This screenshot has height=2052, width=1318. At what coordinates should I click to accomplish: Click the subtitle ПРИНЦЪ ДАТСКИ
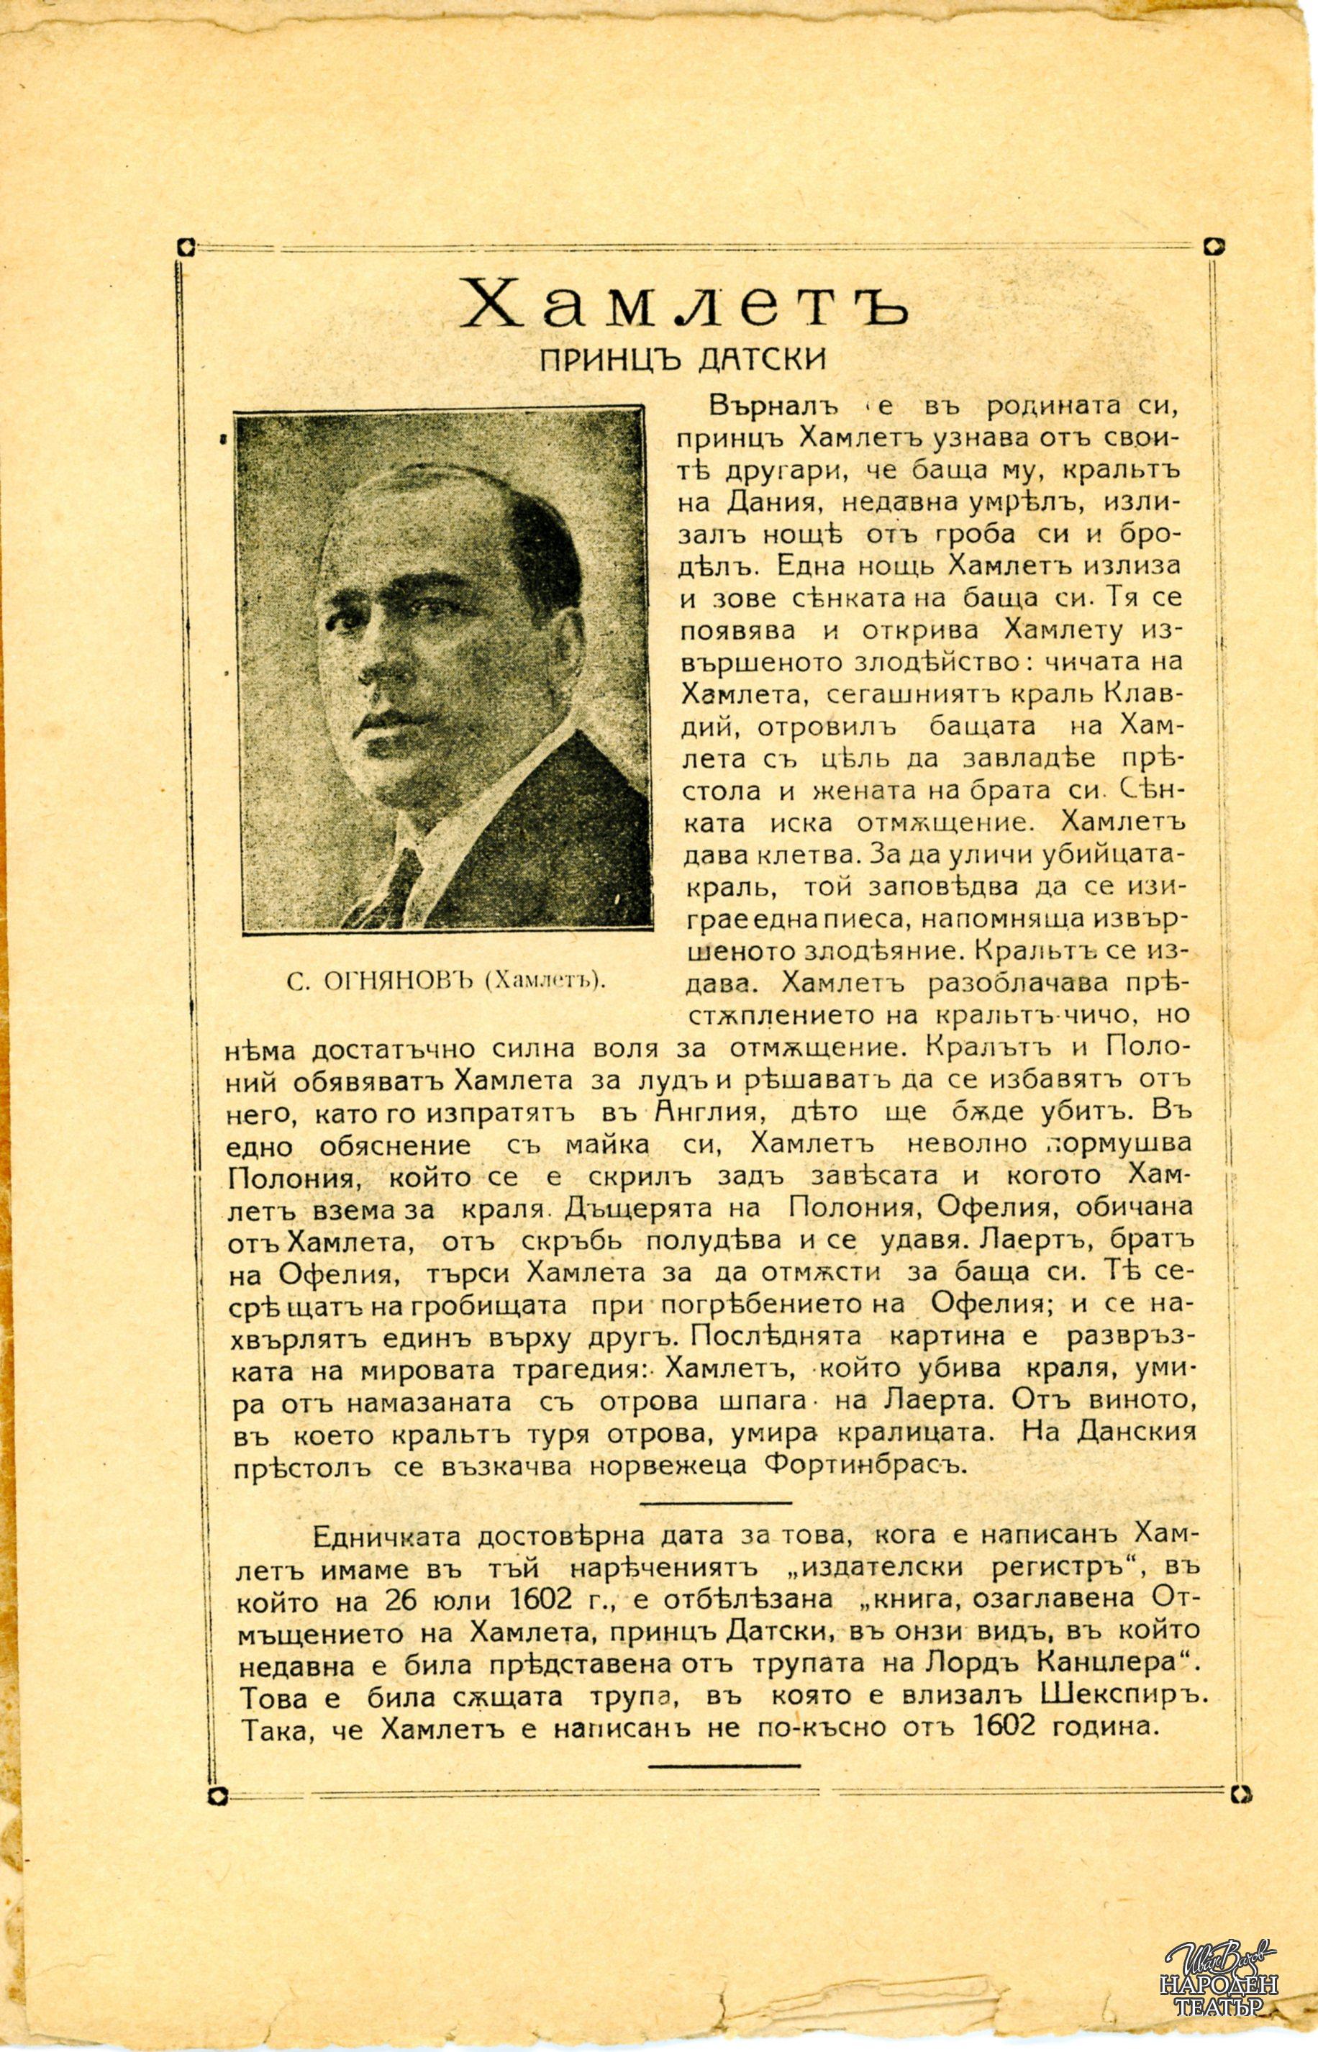683,358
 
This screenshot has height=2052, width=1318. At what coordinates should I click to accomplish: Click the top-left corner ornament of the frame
185,248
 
